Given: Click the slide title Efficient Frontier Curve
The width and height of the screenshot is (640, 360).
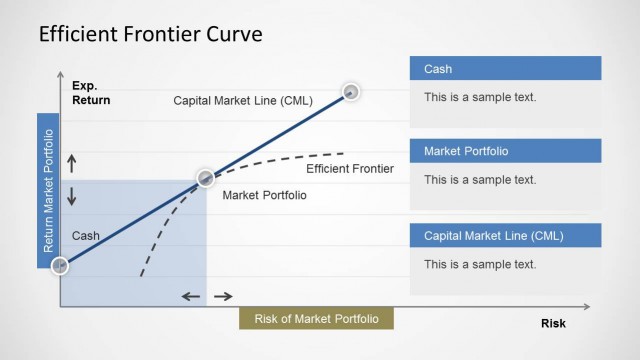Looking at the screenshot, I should pos(150,35).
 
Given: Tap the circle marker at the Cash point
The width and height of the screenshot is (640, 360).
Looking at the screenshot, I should pos(60,266).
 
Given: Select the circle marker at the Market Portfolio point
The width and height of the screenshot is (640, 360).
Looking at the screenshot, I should pos(205,179).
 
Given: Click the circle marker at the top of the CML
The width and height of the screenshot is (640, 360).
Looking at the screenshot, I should pos(351,92).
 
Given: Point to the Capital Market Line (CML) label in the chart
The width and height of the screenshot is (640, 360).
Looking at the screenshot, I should pos(242,100).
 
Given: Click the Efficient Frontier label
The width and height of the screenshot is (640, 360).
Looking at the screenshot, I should pos(350,168).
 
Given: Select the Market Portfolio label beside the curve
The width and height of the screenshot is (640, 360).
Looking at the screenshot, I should pos(264,195).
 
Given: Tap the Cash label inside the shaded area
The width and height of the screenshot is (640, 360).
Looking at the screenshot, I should pos(86,236).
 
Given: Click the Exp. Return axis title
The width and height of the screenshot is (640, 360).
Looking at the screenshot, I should pos(91,93).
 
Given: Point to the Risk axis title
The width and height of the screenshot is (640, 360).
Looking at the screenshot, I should pos(553,323).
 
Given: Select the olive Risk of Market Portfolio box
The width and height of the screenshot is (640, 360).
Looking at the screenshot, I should pos(316,318).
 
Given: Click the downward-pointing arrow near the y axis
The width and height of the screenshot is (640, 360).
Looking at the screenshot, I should pos(71,196).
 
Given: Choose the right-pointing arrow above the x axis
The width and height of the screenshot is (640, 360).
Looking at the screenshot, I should pos(223,296).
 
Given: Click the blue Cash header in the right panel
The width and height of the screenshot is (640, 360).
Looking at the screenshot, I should pos(505,69).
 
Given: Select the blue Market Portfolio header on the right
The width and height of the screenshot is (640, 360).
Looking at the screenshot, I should pos(505,151).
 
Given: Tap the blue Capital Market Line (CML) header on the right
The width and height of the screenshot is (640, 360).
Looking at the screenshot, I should pos(505,236).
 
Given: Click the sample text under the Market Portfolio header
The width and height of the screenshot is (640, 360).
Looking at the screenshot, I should pos(480,180).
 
